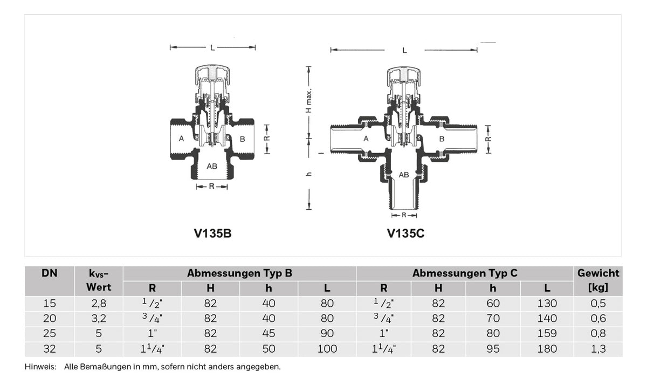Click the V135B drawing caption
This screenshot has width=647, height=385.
click(x=212, y=233)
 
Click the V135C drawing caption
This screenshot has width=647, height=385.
click(x=405, y=233)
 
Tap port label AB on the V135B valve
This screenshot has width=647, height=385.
click(x=212, y=166)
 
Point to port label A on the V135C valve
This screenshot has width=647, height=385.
click(x=366, y=139)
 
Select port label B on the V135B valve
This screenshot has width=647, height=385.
click(x=242, y=139)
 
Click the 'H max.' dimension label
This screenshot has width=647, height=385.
click(x=309, y=100)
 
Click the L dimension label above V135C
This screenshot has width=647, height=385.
click(x=404, y=50)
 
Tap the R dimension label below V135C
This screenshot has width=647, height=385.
click(x=404, y=215)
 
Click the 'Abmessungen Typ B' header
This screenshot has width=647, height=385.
click(x=239, y=273)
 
